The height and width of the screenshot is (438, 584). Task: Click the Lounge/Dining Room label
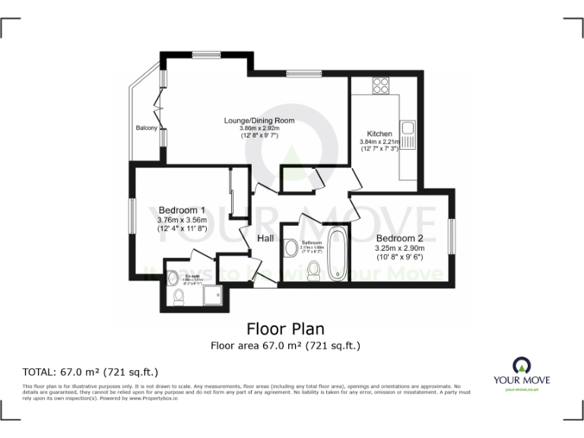(259, 120)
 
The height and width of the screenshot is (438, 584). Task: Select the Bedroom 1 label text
(182, 211)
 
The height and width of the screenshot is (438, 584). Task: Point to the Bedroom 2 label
(399, 238)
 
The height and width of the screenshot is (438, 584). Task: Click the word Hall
(265, 239)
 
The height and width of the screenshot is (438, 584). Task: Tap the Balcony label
(147, 128)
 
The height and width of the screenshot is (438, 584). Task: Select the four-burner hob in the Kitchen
(381, 85)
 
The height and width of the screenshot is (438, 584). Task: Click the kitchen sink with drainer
(408, 135)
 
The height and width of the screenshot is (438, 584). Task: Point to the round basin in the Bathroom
(290, 247)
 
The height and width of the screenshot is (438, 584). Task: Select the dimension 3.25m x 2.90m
(399, 248)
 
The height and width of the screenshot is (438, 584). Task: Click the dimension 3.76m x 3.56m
(182, 221)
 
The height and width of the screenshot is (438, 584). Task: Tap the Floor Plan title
(285, 329)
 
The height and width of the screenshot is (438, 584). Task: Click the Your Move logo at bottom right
(522, 371)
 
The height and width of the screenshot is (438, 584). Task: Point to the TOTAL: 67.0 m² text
(90, 372)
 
